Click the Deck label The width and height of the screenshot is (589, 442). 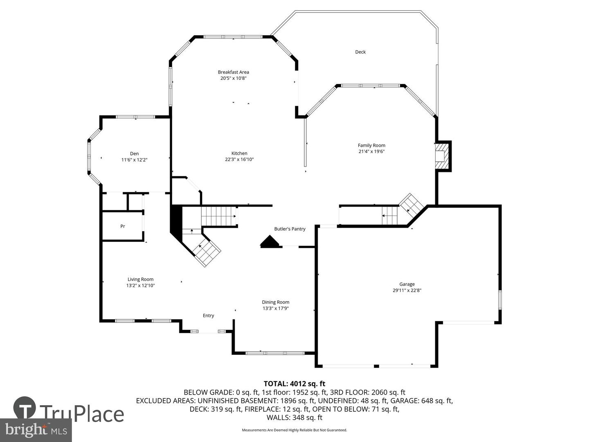[x=360, y=52]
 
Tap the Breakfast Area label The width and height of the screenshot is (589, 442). [x=233, y=72]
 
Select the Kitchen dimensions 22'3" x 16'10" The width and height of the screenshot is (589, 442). [x=239, y=160]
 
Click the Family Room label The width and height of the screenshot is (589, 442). [x=371, y=145]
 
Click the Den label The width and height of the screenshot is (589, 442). [x=134, y=154]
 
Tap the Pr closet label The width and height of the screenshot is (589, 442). [x=122, y=226]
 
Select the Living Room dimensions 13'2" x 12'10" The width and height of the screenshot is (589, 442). [x=140, y=286]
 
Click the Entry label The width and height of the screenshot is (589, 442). [x=208, y=316]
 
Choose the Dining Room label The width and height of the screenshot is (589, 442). [x=275, y=302]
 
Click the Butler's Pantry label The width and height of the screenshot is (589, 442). [x=290, y=229]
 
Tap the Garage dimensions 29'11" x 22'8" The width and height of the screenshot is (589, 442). [x=407, y=291]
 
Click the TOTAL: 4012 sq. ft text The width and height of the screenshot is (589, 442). [x=294, y=384]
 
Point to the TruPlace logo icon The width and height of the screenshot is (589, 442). [x=25, y=409]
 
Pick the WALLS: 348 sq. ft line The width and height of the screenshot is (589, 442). [x=294, y=418]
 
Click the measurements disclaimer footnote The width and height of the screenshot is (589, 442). [x=294, y=430]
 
